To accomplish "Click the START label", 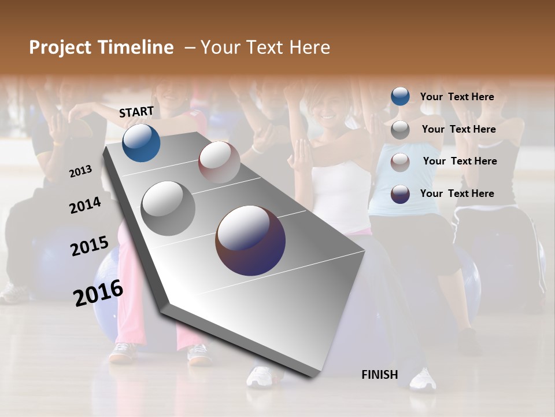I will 136,112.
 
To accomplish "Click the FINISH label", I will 379,375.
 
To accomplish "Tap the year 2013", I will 81,171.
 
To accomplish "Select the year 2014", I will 85,206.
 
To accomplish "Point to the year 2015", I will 90,246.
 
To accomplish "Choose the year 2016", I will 98,293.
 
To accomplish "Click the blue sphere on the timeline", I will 141,143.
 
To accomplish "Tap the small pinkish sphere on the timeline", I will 219,162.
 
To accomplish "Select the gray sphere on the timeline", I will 168,209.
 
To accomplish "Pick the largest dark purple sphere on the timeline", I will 250,240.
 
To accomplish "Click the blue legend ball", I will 400,97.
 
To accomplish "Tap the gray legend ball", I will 400,130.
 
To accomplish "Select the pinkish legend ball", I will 400,162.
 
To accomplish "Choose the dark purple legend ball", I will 400,194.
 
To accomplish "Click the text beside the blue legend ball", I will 457,97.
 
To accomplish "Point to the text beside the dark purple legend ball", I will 457,193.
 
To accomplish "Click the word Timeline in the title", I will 136,47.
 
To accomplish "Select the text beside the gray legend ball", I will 458,129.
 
